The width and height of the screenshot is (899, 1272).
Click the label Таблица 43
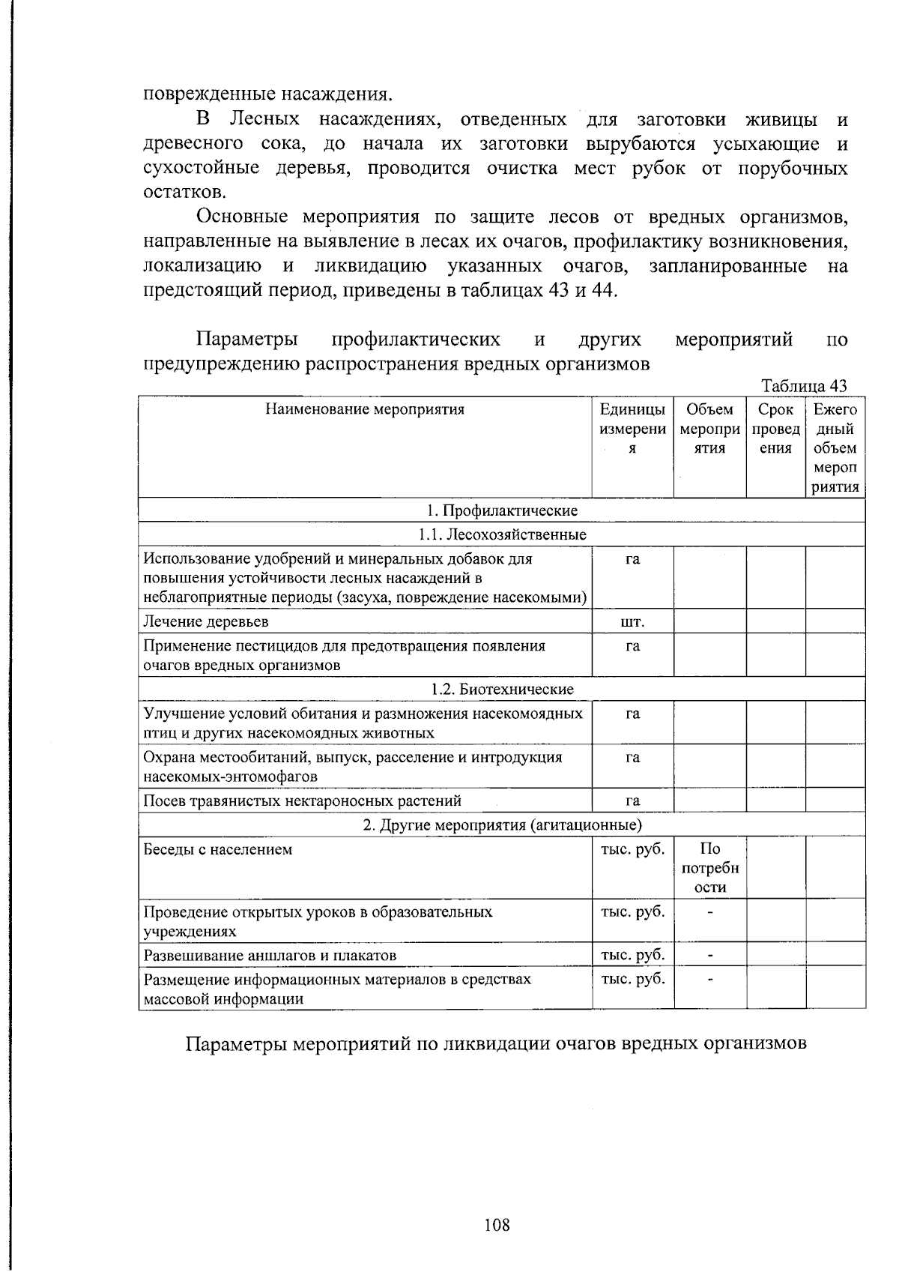pos(804,386)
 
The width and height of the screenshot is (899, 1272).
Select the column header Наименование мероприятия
pos(365,409)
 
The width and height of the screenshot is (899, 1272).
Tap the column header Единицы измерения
pos(632,429)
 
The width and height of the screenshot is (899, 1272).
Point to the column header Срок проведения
pos(775,429)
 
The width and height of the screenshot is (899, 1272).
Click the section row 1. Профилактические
pos(502,510)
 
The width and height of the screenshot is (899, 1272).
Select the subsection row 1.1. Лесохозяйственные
pos(502,534)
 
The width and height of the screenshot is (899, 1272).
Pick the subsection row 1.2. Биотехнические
pos(502,689)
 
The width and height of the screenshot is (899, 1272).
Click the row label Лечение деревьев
pos(206,621)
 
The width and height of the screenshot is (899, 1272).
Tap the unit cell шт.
pos(632,622)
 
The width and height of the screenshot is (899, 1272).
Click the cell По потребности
pos(709,868)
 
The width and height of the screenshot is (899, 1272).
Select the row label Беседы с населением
pos(217,850)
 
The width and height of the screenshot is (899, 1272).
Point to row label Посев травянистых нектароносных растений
pos(302,801)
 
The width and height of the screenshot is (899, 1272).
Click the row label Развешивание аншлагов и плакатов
pos(270,955)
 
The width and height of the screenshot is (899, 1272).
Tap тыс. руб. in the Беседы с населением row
pos(632,849)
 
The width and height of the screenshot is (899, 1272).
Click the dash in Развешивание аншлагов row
pos(709,955)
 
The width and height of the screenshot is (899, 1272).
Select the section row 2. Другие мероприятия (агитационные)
pos(502,825)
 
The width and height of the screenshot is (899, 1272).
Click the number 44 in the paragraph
pos(602,290)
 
